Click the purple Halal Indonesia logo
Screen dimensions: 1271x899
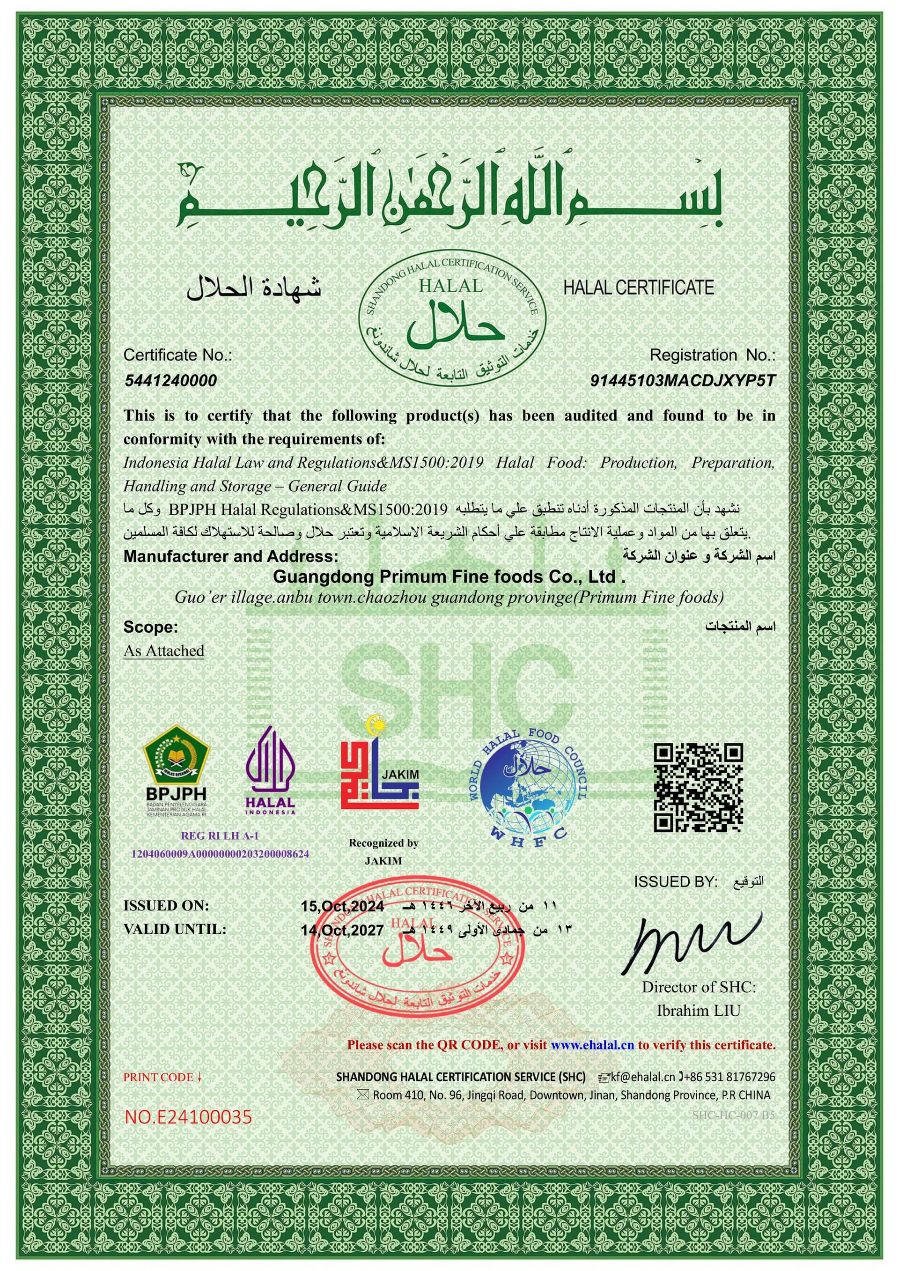coord(270,772)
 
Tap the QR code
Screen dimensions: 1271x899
coord(698,788)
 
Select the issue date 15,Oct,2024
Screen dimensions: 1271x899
coord(342,906)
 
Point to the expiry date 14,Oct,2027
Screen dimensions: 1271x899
coord(342,930)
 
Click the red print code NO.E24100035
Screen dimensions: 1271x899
coord(188,1117)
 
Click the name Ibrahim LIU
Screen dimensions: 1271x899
coord(699,1011)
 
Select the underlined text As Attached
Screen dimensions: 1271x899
coord(164,651)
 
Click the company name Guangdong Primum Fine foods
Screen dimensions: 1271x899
coord(449,577)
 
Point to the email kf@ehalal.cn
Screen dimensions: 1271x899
coord(642,1077)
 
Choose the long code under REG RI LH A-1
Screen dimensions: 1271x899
coord(220,854)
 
